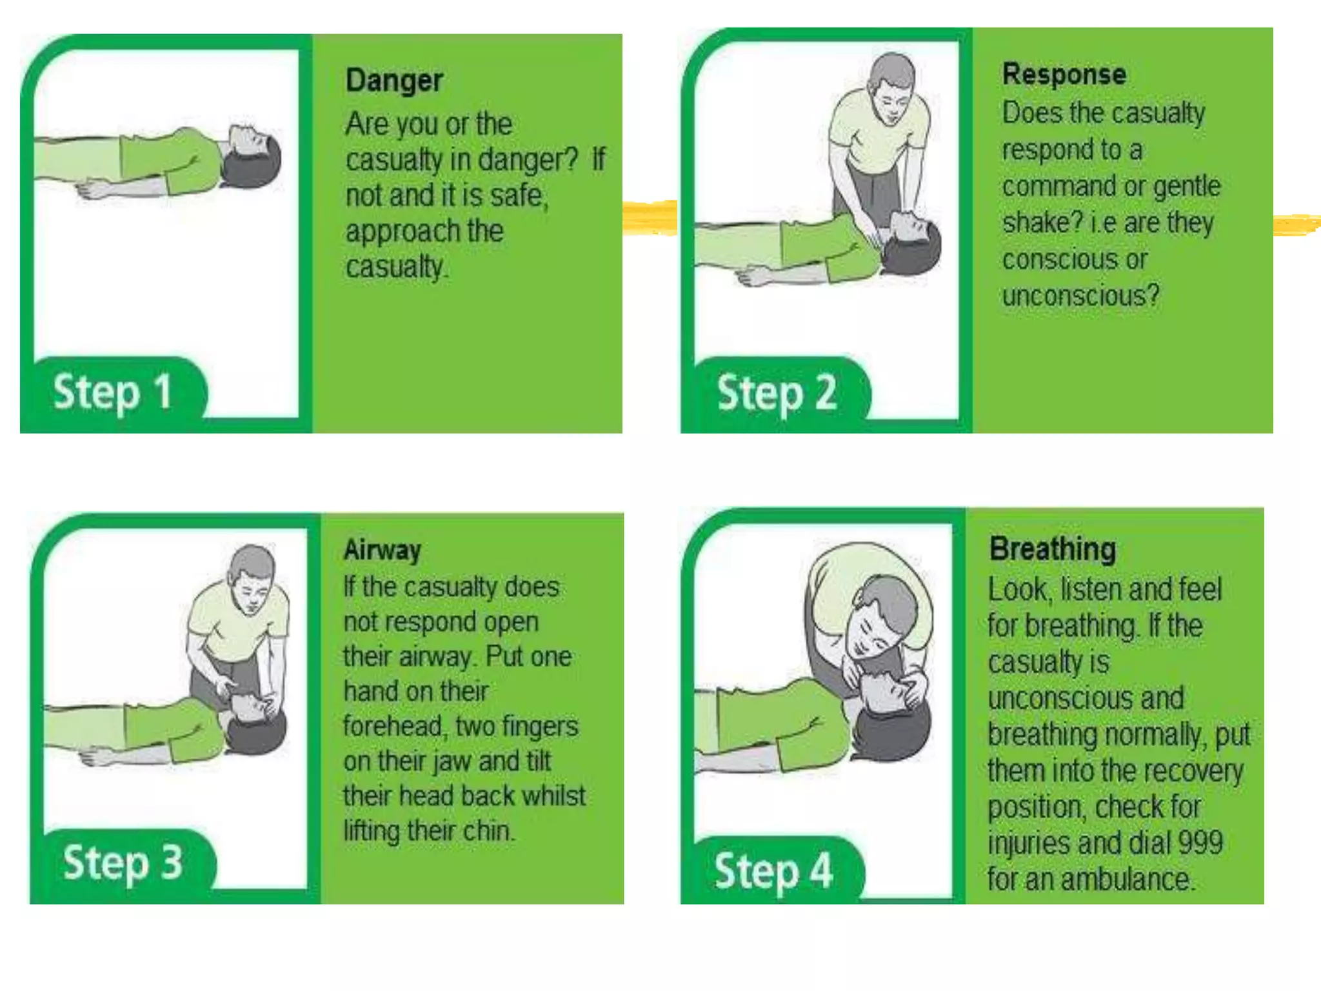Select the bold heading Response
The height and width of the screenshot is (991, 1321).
coord(1064,74)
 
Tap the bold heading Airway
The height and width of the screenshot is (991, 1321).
coord(382,550)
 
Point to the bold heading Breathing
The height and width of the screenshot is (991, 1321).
coord(1053,549)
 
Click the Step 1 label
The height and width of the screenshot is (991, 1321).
coord(112,393)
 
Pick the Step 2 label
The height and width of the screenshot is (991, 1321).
coord(777,393)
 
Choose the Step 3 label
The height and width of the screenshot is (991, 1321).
coord(123,863)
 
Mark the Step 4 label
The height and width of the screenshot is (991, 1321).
coord(773,872)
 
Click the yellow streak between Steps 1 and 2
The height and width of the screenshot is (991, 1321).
coord(650,217)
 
